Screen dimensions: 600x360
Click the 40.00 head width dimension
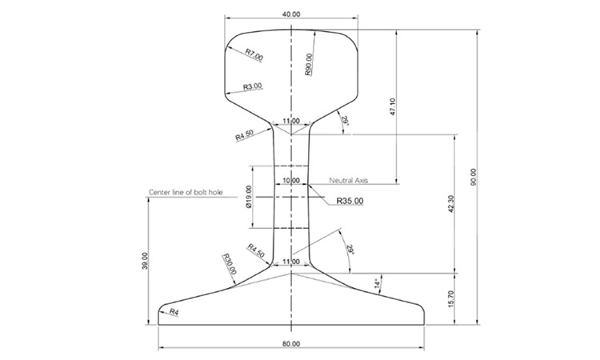coord(291,14)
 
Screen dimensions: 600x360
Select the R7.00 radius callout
coord(254,54)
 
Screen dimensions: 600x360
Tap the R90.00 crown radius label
coord(309,64)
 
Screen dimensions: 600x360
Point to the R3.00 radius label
coord(253,86)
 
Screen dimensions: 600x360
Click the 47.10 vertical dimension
coord(393,107)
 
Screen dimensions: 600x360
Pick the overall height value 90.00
coord(474,177)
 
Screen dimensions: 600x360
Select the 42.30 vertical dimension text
coord(450,204)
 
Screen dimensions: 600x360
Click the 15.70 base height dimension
coord(450,298)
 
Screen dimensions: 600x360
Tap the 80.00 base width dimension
coord(291,344)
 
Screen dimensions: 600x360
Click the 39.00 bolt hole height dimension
coord(145,261)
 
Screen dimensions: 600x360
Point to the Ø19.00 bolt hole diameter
coord(249,197)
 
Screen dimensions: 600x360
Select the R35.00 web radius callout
coord(350,201)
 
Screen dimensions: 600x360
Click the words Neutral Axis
coord(348,180)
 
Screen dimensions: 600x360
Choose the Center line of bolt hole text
coord(186,192)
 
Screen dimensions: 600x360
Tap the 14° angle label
coord(378,283)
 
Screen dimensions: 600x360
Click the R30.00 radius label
coord(230,264)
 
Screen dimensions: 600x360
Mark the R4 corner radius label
coord(174,312)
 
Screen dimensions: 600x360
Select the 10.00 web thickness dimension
coord(291,180)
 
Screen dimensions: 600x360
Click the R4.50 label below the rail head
coord(244,135)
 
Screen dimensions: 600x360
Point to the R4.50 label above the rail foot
coord(256,250)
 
